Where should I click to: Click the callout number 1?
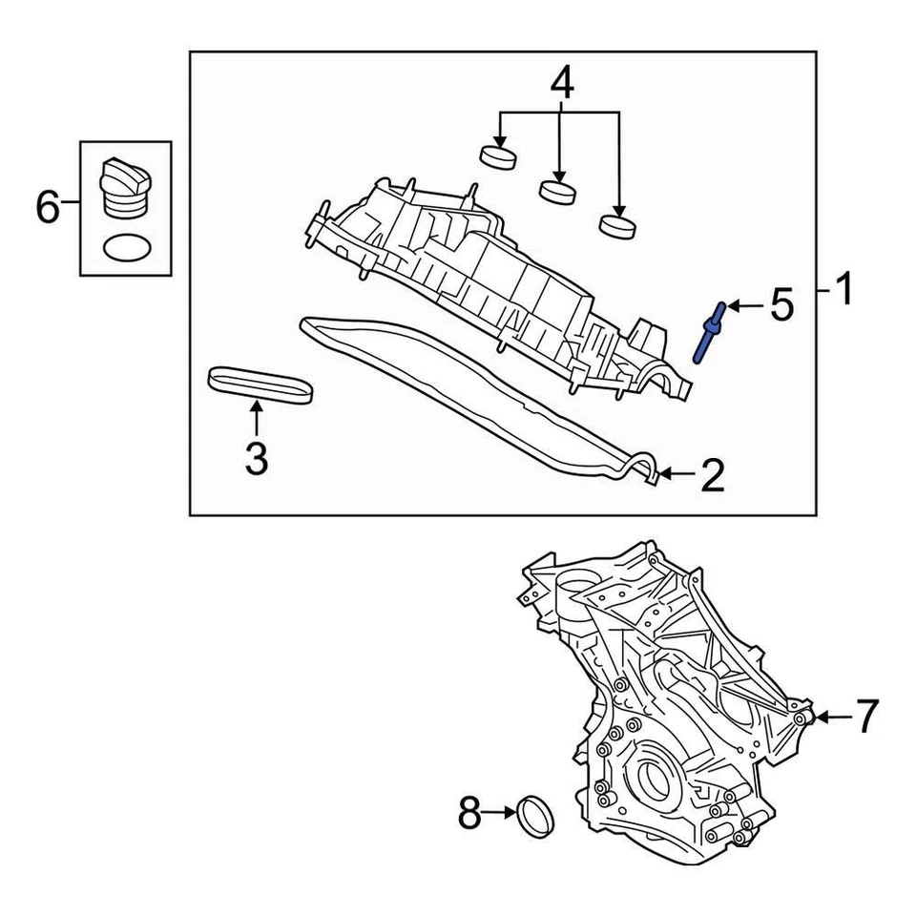pos(843,289)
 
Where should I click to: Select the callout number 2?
pos(712,474)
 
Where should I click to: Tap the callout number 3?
pos(256,458)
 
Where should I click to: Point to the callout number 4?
pos(562,84)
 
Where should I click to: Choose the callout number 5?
pos(781,306)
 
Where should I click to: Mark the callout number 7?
pos(864,716)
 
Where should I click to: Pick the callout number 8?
pos(469,814)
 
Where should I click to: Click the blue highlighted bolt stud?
pos(710,332)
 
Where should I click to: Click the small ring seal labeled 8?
pos(535,816)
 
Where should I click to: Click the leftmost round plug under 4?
pos(498,155)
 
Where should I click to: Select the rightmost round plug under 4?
pos(617,225)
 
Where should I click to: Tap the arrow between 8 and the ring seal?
pos(500,814)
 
